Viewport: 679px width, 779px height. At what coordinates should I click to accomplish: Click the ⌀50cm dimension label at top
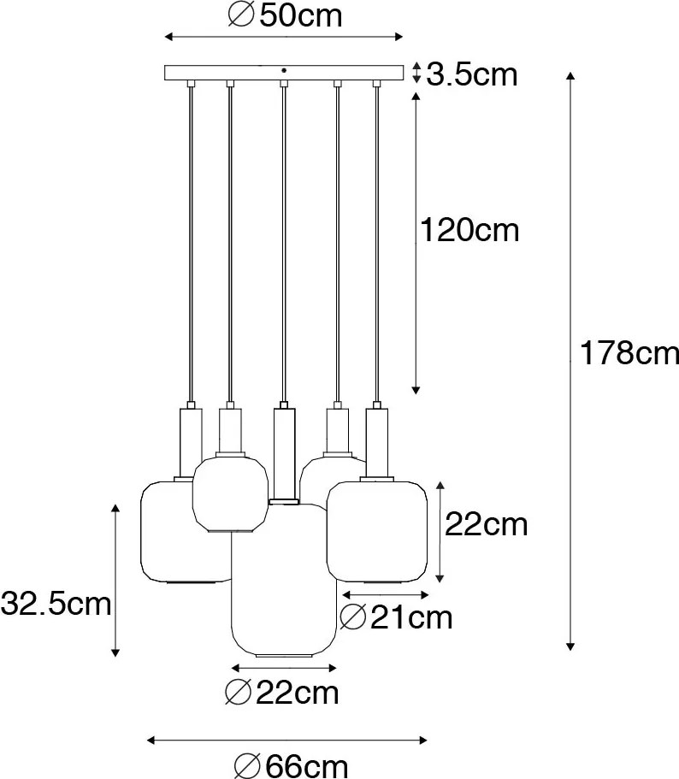286,16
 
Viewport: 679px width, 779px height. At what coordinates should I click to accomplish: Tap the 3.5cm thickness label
472,74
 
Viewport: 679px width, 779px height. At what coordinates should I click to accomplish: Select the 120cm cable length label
469,230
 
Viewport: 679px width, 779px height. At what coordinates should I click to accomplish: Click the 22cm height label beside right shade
486,525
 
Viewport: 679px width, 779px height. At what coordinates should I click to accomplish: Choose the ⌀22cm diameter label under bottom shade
280,691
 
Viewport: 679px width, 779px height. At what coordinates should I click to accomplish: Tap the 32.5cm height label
56,605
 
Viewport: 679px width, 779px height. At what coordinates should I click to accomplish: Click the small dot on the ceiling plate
284,69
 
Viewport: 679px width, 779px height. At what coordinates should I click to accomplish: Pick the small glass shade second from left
227,496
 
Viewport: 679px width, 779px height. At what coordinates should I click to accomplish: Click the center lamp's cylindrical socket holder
284,453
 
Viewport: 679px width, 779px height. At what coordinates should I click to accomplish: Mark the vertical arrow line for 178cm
570,359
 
